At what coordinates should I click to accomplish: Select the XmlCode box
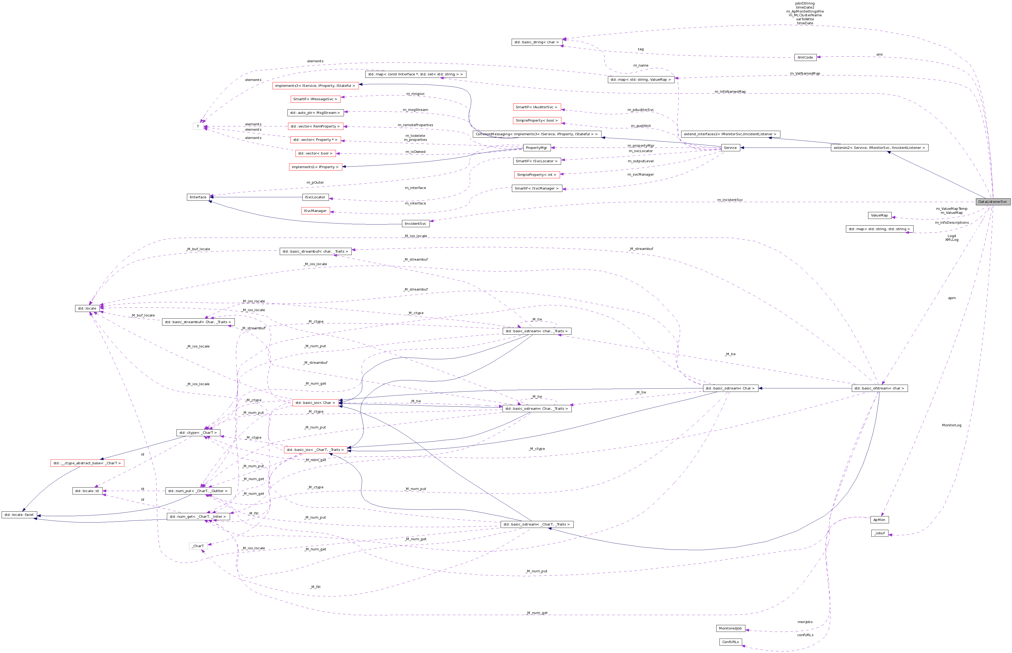pos(805,57)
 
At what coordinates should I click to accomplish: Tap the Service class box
pos(730,148)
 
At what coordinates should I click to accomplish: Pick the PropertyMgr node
pos(536,148)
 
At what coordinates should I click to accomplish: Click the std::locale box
pos(87,308)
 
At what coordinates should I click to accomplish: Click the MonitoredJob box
pos(730,628)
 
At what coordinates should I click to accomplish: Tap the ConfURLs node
pos(730,642)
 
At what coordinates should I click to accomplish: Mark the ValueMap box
pos(879,215)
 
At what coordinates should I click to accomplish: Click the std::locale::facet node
pos(19,515)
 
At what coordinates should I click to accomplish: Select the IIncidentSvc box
pos(415,223)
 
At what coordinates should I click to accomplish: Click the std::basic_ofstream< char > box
pos(879,388)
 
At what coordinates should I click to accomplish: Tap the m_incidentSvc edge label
pos(730,200)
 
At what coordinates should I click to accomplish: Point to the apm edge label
pos(952,298)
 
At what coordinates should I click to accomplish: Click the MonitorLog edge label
pos(952,425)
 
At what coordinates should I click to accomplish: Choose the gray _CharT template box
pos(198,546)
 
